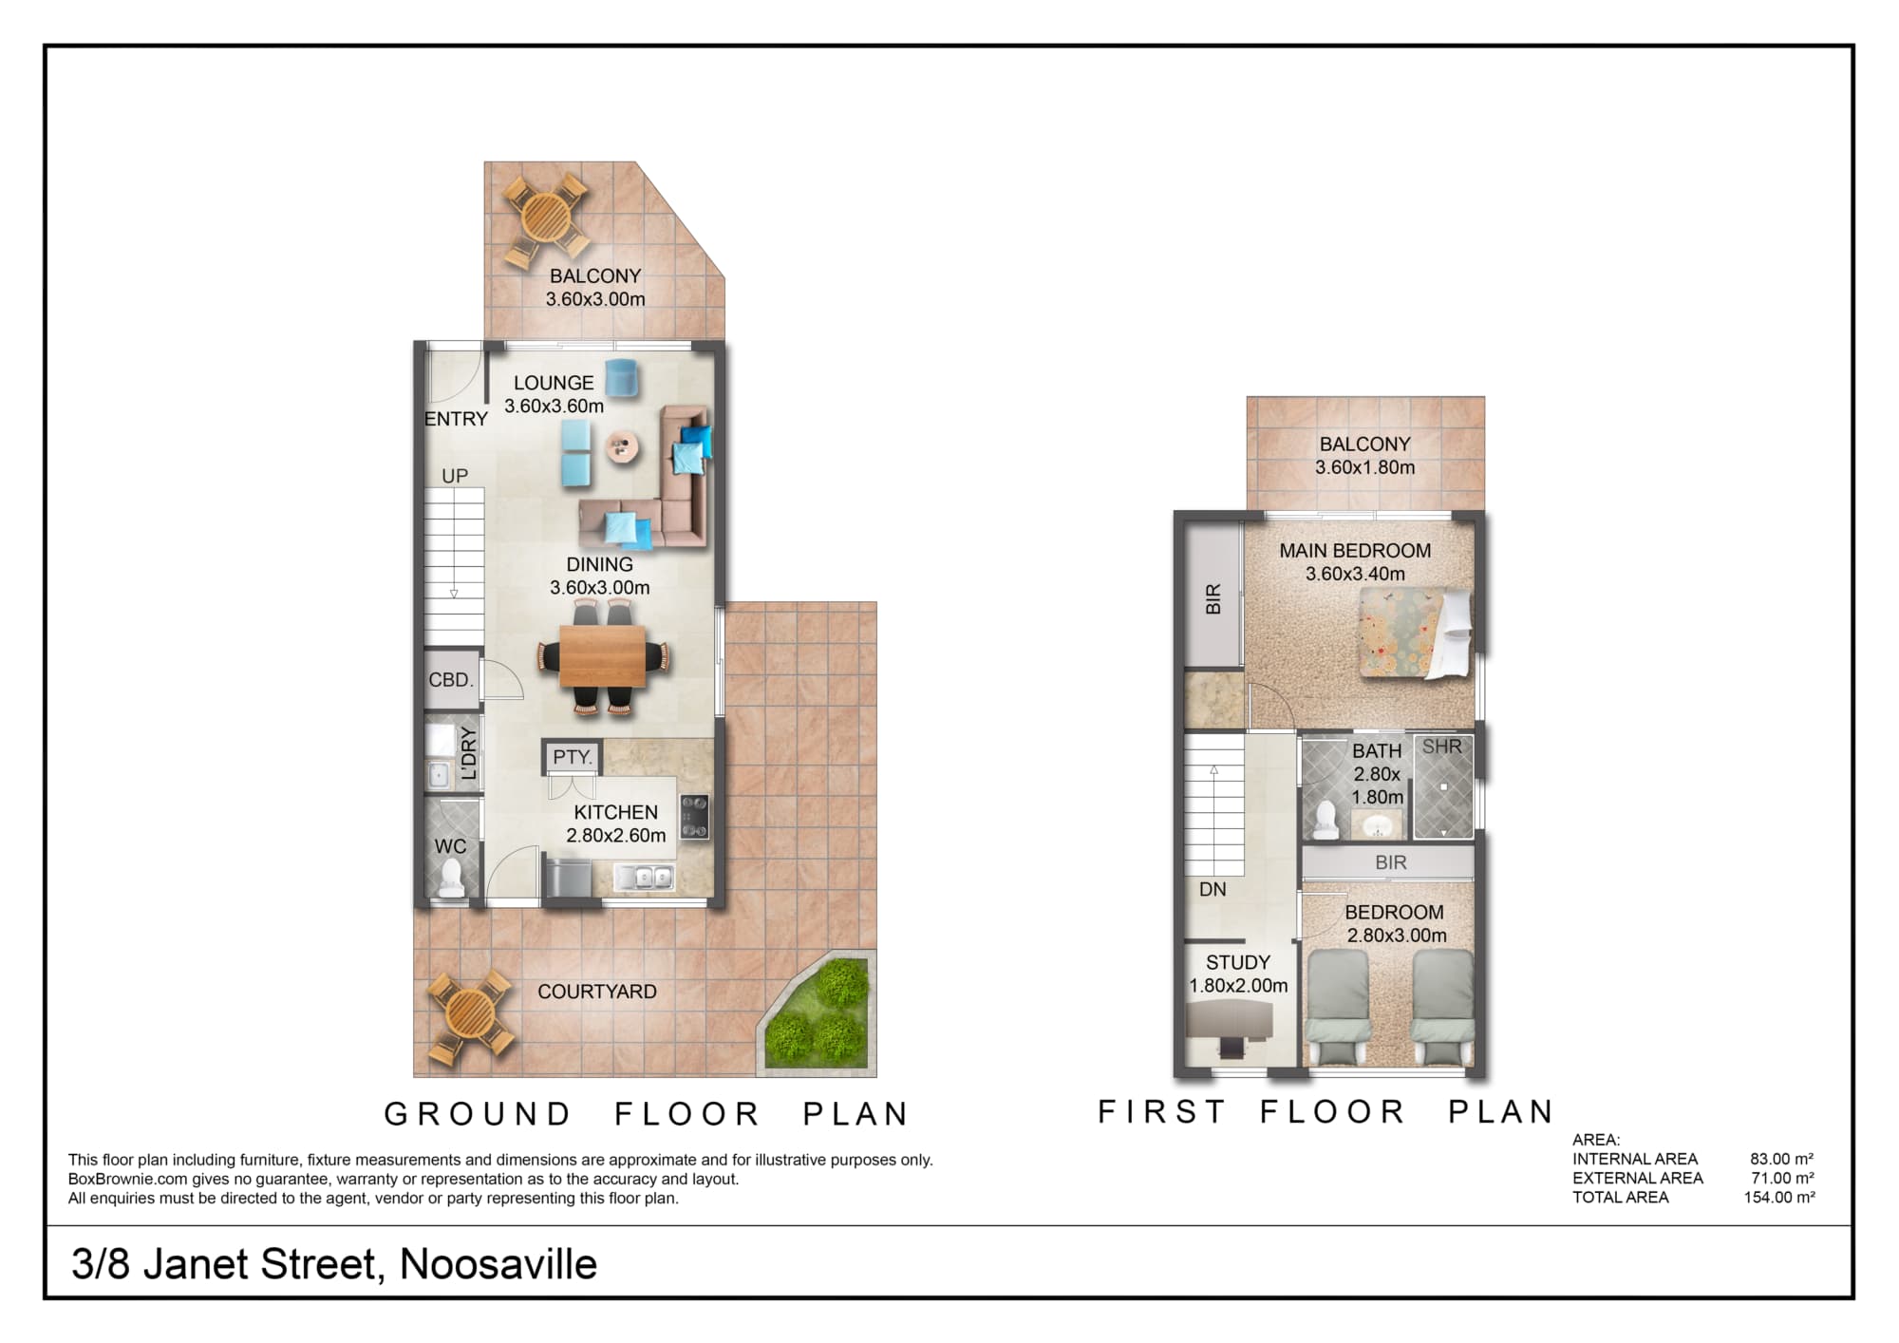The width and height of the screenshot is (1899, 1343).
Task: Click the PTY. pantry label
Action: click(573, 757)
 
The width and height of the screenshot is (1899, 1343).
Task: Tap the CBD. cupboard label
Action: click(451, 680)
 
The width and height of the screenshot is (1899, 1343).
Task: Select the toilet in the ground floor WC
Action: click(450, 878)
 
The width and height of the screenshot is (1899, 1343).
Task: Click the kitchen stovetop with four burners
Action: click(694, 817)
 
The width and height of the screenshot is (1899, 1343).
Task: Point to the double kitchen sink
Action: click(645, 877)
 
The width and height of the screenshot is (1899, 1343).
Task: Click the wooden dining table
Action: click(603, 655)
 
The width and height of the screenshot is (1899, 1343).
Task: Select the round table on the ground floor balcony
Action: click(544, 217)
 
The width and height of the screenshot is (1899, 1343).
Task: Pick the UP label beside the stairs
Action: click(455, 476)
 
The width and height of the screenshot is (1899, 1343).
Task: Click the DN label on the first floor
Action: click(1213, 890)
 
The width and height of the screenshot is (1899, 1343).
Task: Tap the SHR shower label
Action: click(1441, 747)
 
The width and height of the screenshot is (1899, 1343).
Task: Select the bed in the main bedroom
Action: click(1416, 633)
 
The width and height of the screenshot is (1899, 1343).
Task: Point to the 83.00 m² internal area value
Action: click(1782, 1159)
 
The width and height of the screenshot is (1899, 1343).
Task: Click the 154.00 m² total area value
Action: click(1778, 1197)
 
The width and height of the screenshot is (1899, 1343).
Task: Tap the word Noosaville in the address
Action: click(498, 1264)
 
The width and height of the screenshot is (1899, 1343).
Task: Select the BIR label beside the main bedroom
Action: click(1213, 598)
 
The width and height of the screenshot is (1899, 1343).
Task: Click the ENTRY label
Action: click(456, 419)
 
